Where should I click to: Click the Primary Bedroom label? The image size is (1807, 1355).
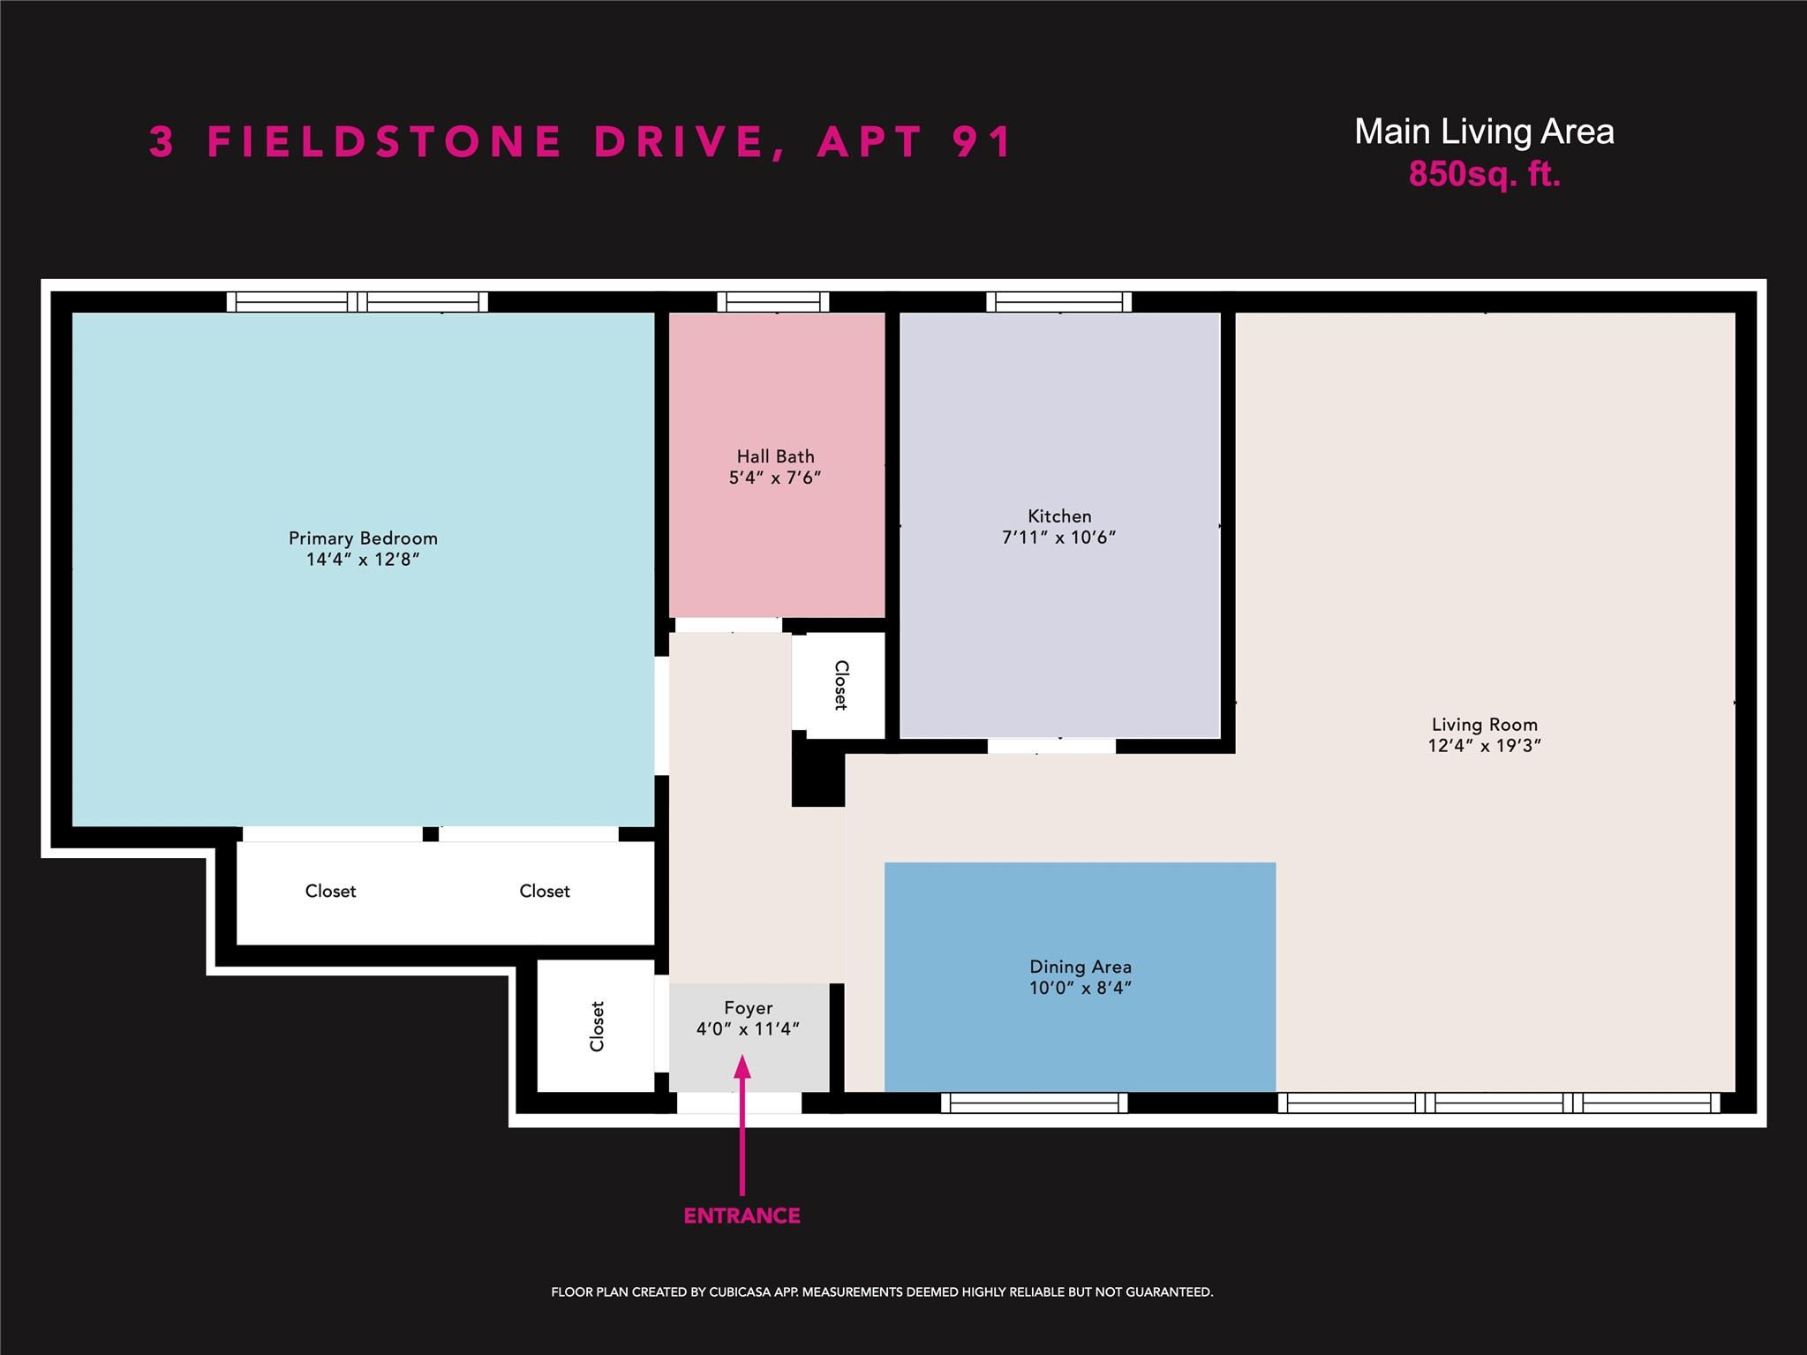click(363, 538)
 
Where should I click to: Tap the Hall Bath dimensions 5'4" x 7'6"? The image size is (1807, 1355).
click(775, 478)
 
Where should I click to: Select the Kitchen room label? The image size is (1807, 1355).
click(1059, 516)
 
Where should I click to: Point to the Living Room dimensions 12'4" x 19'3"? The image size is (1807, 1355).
click(1485, 745)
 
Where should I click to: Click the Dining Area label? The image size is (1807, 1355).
click(1080, 967)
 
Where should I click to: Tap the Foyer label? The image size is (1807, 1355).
click(749, 1008)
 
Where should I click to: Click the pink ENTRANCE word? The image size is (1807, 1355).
click(742, 1216)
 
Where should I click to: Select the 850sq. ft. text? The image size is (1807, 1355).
click(1485, 174)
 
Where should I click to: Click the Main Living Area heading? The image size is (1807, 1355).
click(1485, 132)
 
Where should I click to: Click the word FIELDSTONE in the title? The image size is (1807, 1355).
click(384, 141)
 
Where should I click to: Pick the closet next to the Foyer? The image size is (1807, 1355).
click(596, 1026)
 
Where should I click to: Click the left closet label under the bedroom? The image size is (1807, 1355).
click(331, 892)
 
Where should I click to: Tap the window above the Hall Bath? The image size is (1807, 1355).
click(773, 302)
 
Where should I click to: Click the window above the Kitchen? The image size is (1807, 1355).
click(1059, 302)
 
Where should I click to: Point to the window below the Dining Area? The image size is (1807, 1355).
click(1035, 1103)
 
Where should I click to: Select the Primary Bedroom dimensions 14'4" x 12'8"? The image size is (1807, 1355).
click(363, 560)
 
